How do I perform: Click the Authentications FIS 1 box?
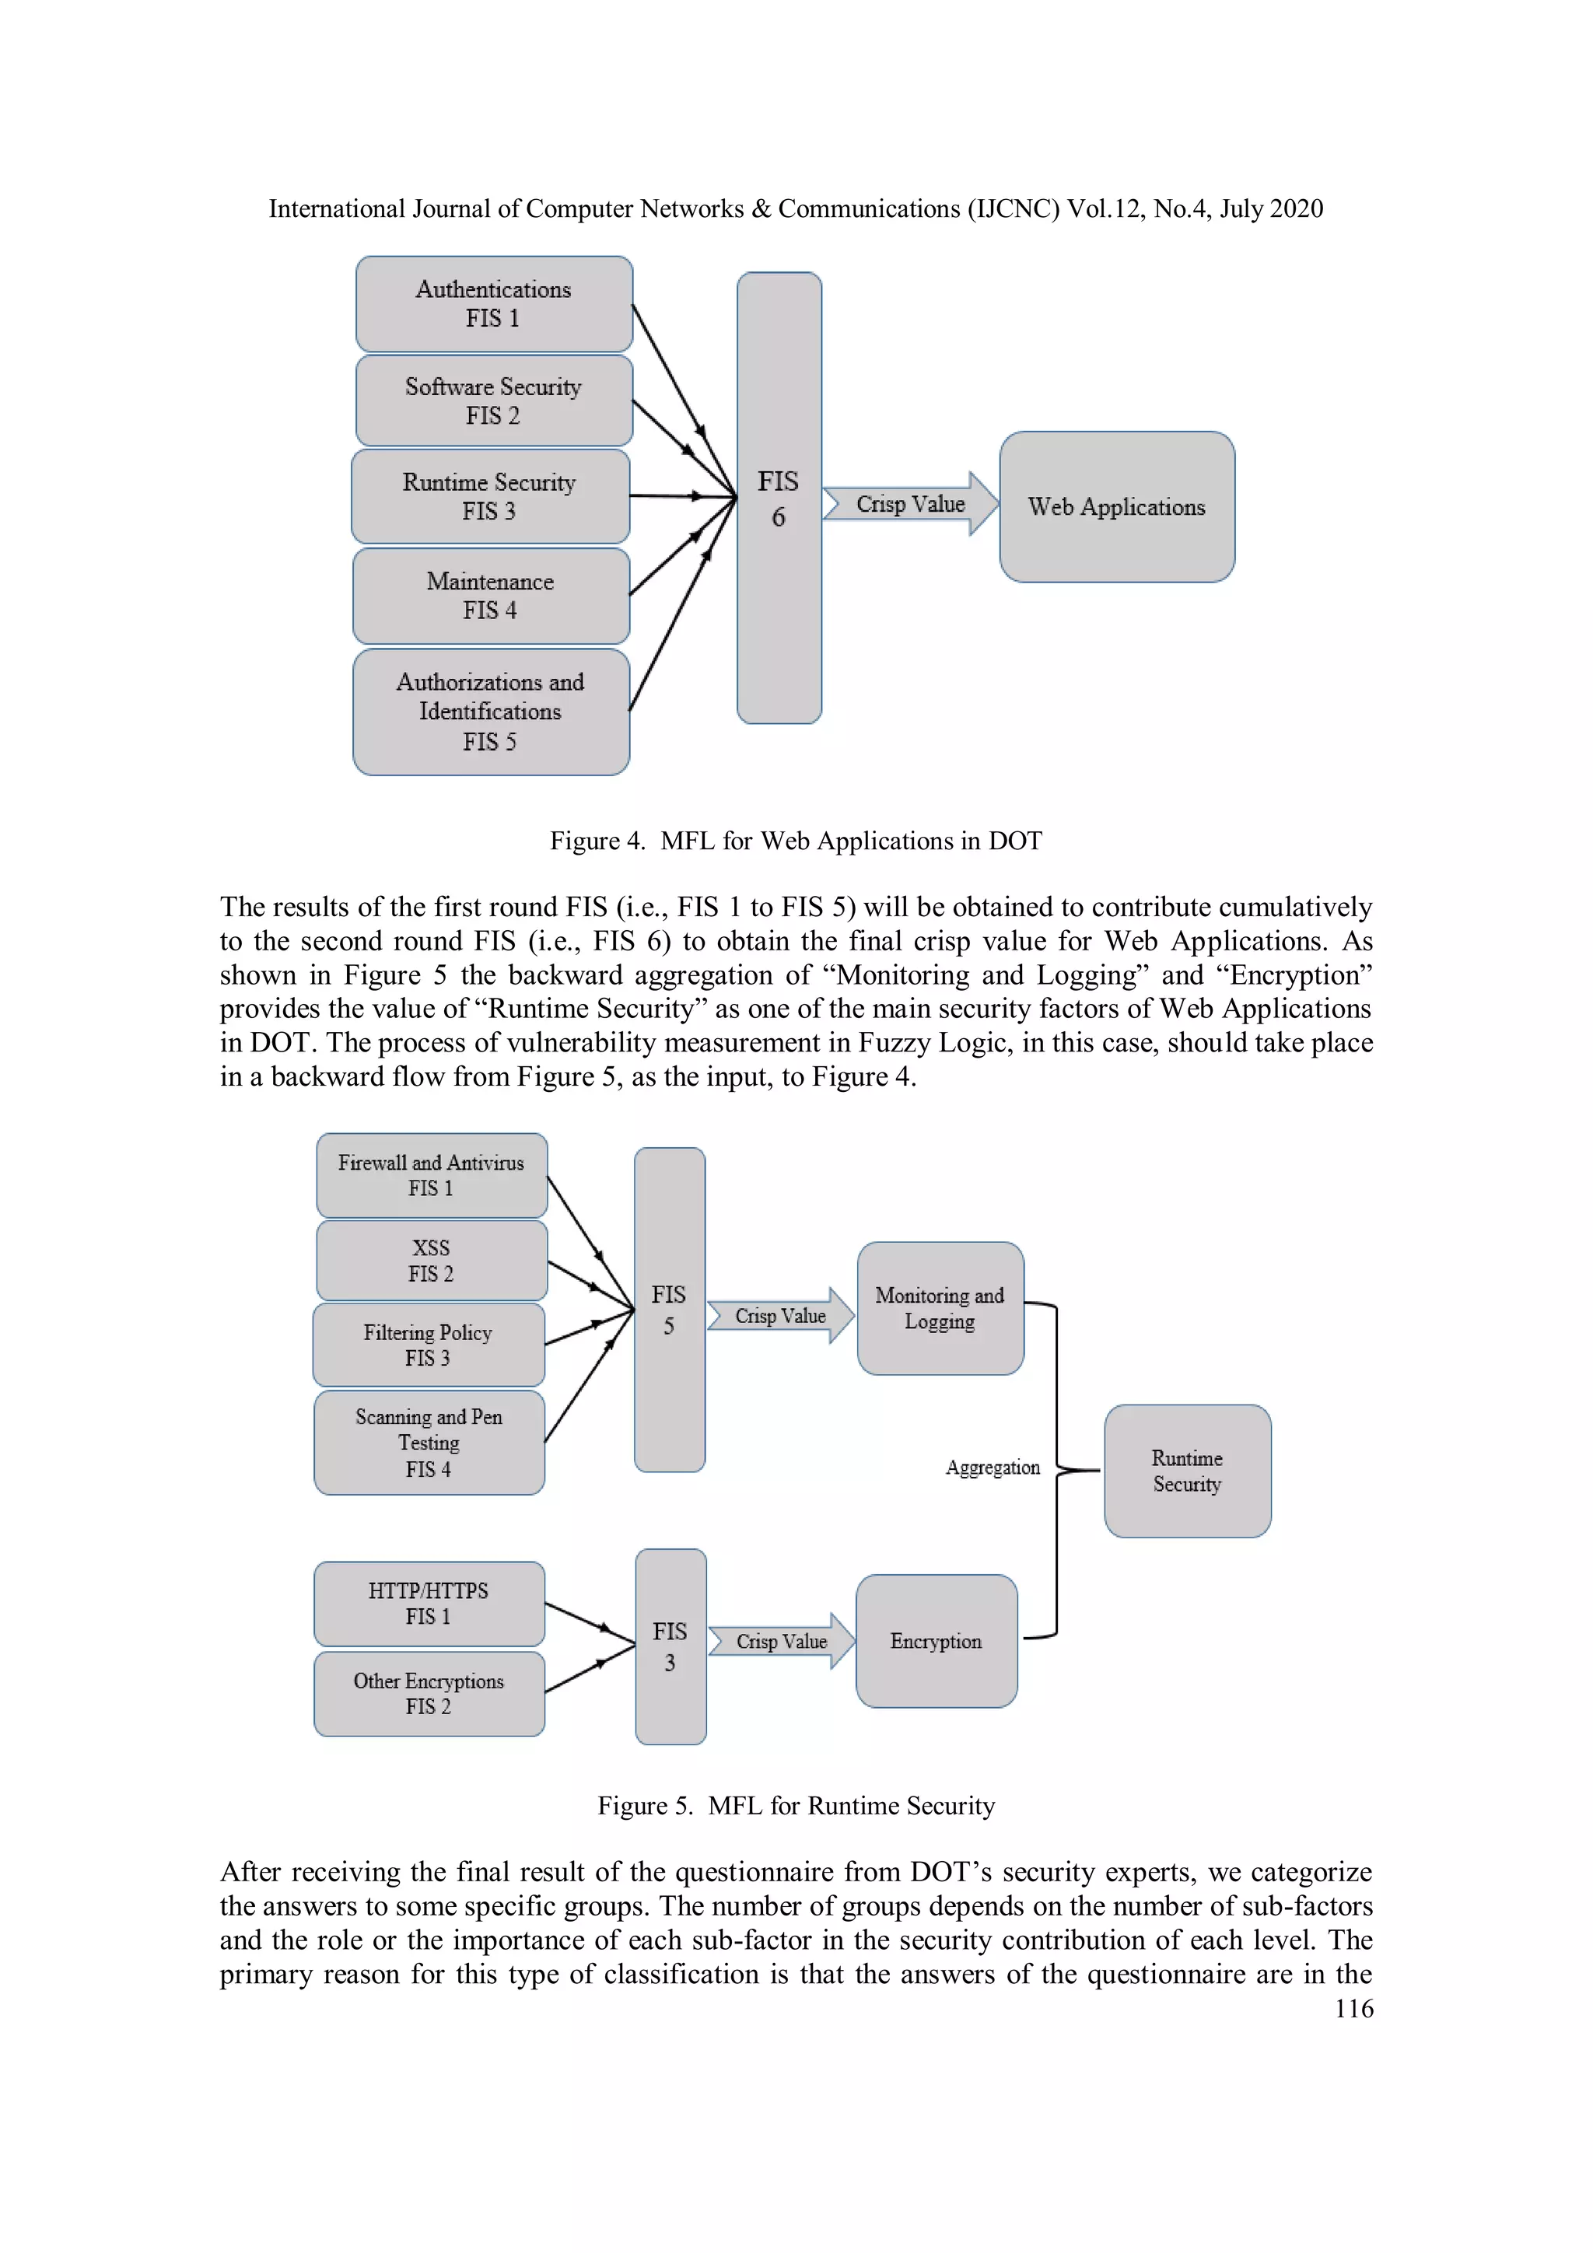(x=494, y=304)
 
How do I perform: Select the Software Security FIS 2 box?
(x=494, y=401)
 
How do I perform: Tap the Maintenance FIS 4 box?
(x=491, y=596)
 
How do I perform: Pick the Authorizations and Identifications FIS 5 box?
(x=491, y=712)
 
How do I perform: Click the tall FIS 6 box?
(x=779, y=499)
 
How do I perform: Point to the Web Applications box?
(x=1116, y=507)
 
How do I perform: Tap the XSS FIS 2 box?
(x=431, y=1261)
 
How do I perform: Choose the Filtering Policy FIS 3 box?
(x=428, y=1345)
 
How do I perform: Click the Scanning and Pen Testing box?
(x=429, y=1443)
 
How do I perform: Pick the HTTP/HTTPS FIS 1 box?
(x=429, y=1604)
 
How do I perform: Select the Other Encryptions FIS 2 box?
(x=429, y=1694)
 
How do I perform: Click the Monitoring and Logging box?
(x=940, y=1308)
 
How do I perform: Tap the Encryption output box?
(x=936, y=1641)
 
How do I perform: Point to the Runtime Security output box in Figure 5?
(x=1187, y=1471)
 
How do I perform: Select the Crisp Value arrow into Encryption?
(x=781, y=1641)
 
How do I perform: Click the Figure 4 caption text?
(x=795, y=841)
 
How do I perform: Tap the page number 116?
(x=1353, y=2009)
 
